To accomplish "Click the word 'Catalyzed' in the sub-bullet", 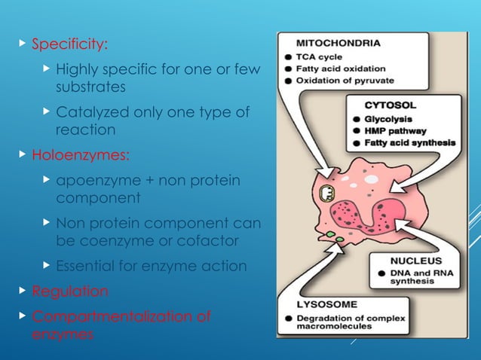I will point(88,113).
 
